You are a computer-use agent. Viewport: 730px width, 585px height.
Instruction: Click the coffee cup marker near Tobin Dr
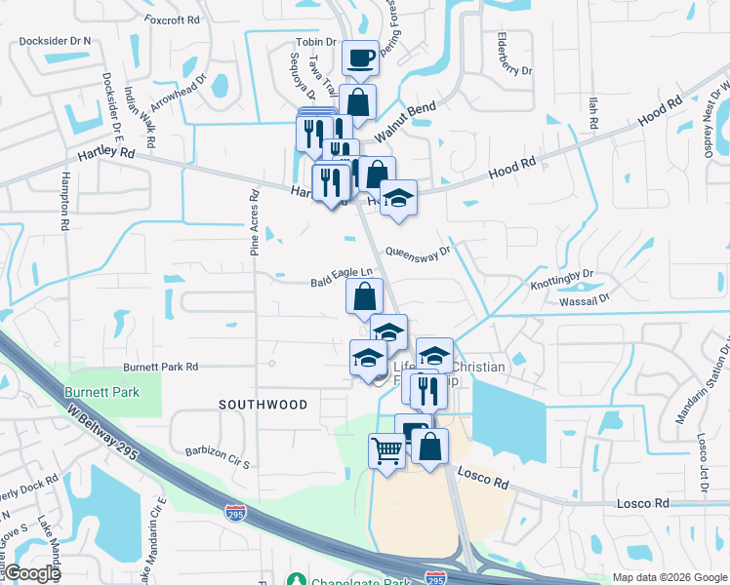[359, 58]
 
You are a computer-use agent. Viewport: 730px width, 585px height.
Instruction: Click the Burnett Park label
[101, 392]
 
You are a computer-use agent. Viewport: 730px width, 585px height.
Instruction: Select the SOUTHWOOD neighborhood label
[263, 404]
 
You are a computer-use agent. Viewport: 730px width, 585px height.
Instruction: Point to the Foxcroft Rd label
[171, 18]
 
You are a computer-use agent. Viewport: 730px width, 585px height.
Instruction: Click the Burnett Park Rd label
[160, 367]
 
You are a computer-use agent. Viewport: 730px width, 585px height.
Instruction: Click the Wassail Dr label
[586, 298]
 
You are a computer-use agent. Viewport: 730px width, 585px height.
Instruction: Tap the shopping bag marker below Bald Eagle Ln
[364, 295]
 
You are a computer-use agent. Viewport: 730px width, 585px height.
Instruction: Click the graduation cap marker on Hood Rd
[397, 198]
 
